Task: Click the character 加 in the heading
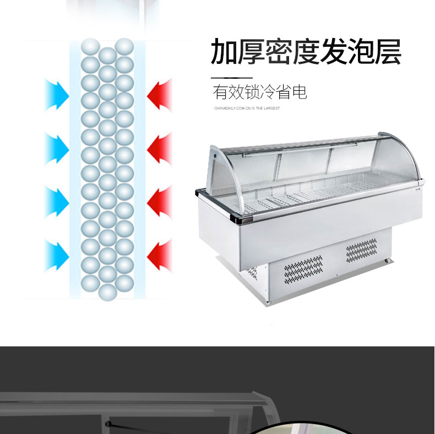[226, 52]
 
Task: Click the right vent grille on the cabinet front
[361, 251]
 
